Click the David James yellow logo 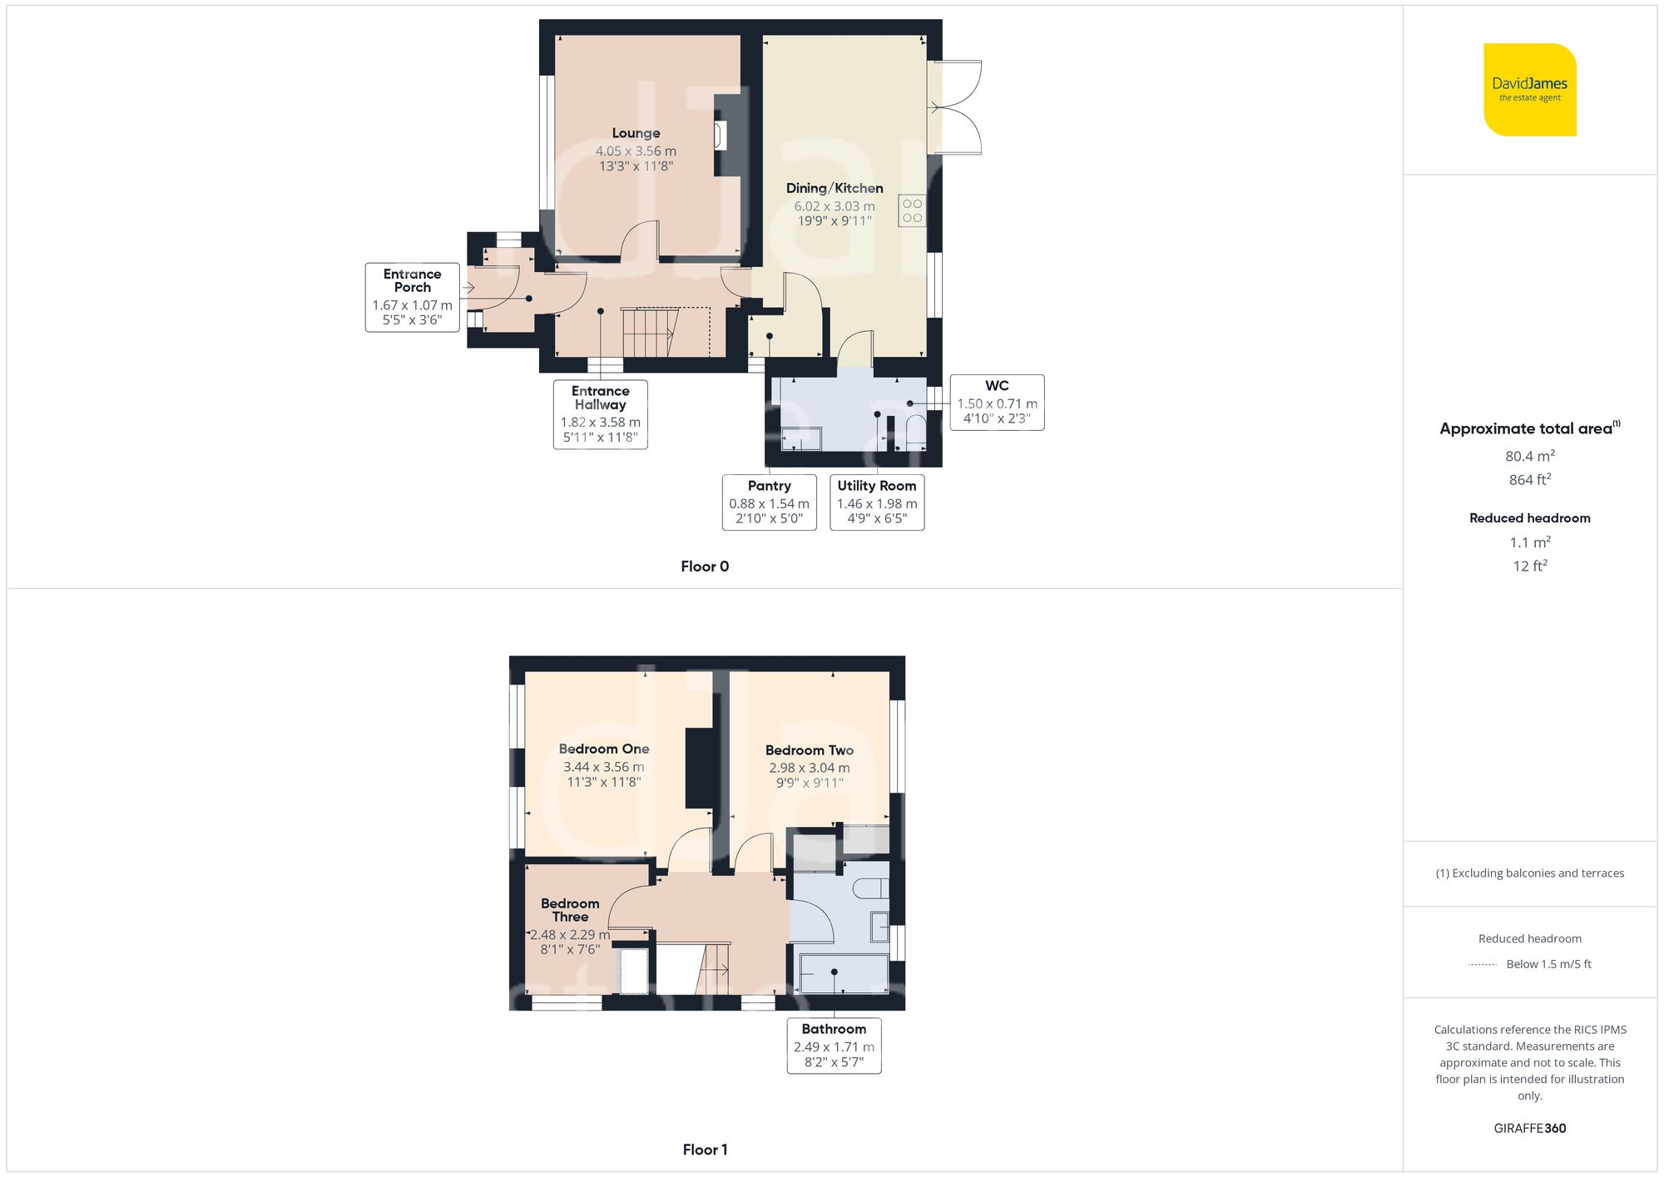click(x=1529, y=90)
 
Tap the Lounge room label click(x=636, y=133)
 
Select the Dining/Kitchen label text click(x=834, y=188)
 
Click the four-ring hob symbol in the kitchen click(x=912, y=211)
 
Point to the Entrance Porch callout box click(x=412, y=297)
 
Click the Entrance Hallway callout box click(x=600, y=414)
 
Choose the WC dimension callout click(x=997, y=402)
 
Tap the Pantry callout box click(x=769, y=502)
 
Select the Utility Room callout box click(x=877, y=502)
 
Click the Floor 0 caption click(x=705, y=566)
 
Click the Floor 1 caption click(x=705, y=1150)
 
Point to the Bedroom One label click(x=604, y=749)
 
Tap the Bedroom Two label click(x=809, y=750)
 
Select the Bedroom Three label click(x=570, y=910)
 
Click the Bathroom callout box click(x=834, y=1046)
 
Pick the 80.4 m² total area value click(x=1529, y=456)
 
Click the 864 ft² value click(x=1529, y=480)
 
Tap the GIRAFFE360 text click(x=1529, y=1129)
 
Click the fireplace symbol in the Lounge click(x=721, y=136)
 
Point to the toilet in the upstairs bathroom click(x=873, y=888)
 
